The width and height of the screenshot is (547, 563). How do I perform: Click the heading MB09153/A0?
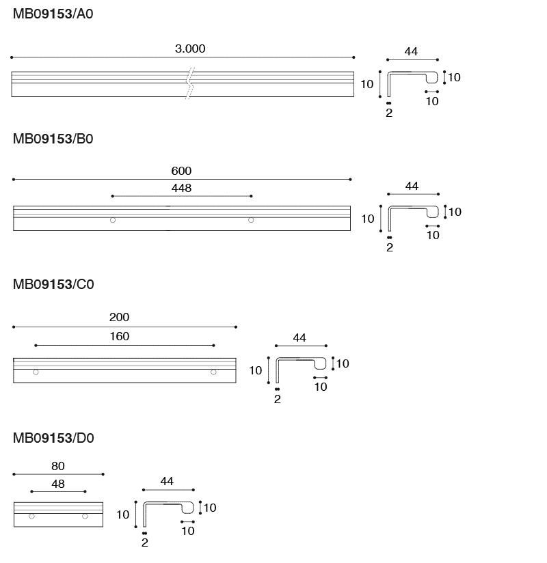click(53, 14)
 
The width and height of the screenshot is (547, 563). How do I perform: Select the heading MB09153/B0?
click(53, 139)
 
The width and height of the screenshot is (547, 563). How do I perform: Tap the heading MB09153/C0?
click(53, 284)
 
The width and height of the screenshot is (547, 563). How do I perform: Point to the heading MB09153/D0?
click(53, 438)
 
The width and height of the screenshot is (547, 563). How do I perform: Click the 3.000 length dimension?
click(190, 49)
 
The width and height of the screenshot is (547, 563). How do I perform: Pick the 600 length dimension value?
click(181, 171)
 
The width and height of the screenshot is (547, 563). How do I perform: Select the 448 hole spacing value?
click(181, 188)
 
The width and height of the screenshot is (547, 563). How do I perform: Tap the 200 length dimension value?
click(120, 317)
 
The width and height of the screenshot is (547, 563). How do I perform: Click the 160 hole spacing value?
click(120, 336)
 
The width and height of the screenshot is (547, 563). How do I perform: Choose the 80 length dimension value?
click(58, 466)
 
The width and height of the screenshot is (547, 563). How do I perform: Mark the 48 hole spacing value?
click(58, 484)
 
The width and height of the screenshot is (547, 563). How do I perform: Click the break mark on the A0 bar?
click(190, 83)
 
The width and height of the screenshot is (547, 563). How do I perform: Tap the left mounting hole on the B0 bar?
click(113, 220)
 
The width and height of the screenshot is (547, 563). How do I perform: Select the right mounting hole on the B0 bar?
click(251, 220)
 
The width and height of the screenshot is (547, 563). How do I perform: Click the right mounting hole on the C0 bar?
click(213, 372)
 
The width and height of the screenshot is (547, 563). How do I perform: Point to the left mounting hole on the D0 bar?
click(31, 517)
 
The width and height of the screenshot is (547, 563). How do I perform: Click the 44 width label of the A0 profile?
click(411, 52)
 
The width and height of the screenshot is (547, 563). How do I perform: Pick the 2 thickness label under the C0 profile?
click(277, 399)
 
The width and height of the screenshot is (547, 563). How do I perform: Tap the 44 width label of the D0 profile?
click(167, 481)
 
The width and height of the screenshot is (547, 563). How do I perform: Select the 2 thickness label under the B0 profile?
click(390, 247)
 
